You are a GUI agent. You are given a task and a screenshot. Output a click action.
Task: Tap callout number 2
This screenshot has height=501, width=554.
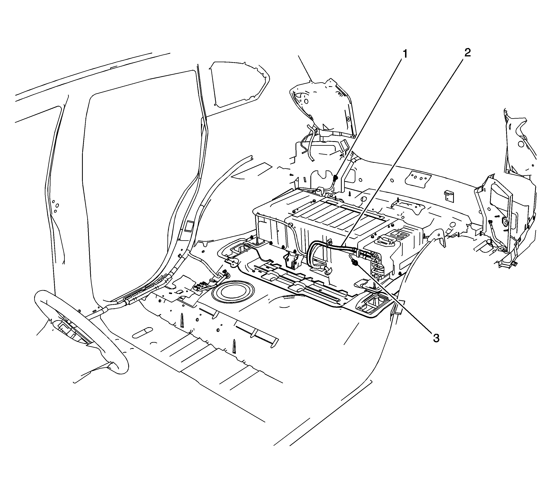[467, 52]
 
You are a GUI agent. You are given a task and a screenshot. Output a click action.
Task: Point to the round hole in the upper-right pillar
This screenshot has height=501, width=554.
[520, 144]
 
